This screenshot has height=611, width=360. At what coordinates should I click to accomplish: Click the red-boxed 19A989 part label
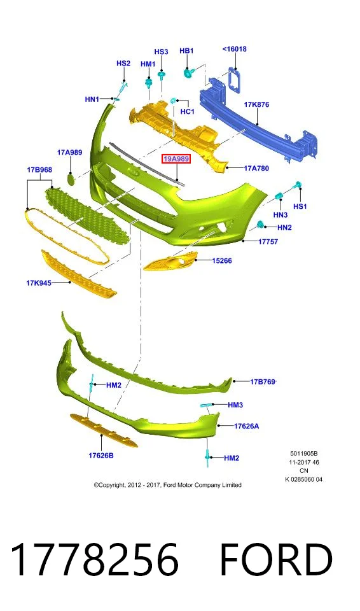coord(176,158)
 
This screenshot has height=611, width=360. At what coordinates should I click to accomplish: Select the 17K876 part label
coord(256,104)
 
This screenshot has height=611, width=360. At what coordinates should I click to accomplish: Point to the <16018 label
coord(235,49)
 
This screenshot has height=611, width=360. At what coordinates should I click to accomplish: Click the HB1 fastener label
coord(186,51)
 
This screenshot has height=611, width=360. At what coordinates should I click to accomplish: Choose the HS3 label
coord(161,52)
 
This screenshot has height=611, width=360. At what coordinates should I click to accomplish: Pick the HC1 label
coord(188,111)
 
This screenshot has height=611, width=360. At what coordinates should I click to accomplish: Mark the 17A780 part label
coord(256,168)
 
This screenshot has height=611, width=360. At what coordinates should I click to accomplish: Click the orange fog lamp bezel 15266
coord(170,261)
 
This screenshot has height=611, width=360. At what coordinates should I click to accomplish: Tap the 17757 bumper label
coord(268,242)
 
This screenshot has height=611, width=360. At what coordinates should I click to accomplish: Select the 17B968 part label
coord(39,170)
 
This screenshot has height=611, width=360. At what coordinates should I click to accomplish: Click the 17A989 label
coord(70,152)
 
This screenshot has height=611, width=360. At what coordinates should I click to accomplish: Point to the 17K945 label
coord(39,283)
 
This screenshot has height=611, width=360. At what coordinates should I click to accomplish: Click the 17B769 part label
coord(263,381)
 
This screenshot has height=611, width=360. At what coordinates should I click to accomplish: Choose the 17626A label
coord(246,426)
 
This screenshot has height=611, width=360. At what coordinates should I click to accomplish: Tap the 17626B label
coord(101,455)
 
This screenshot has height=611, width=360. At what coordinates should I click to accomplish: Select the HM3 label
coord(235,405)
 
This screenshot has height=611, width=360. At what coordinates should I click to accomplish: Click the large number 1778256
coord(95,559)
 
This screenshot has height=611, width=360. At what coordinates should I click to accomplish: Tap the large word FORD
coord(276,559)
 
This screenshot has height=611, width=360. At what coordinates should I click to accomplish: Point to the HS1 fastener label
coord(300,206)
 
